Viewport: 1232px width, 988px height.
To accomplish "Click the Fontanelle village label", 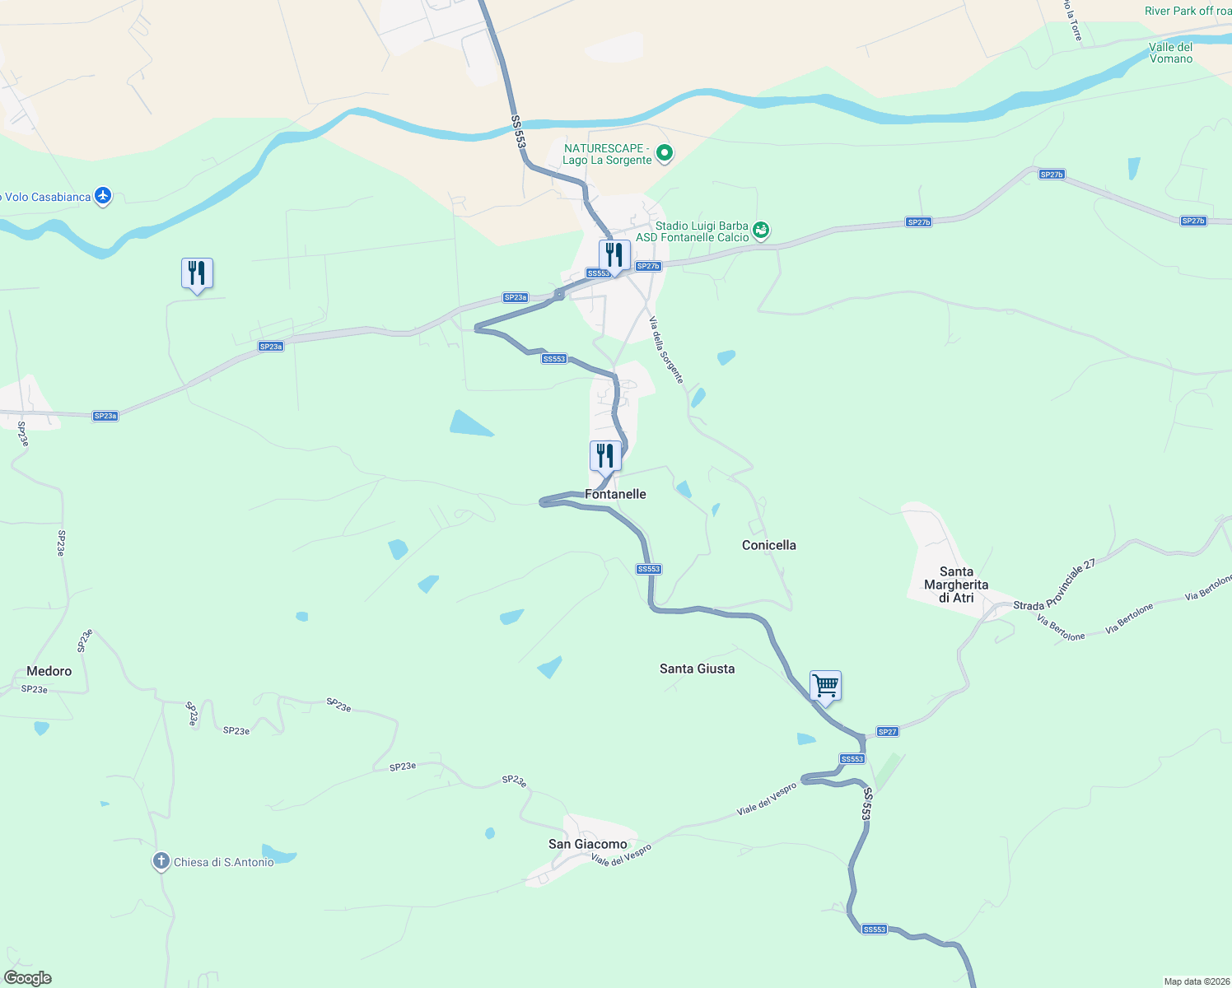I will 615,494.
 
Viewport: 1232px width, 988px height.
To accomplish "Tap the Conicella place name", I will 768,545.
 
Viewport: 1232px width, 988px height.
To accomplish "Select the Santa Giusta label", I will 697,669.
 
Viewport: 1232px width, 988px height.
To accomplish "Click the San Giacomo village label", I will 587,844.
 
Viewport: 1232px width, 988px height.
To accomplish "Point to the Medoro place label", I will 49,671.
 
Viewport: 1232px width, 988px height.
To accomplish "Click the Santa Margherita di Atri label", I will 956,585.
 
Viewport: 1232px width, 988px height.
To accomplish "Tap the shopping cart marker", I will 825,686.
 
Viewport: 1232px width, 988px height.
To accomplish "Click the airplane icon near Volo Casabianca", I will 103,196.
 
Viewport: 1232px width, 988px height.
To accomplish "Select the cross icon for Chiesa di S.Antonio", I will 161,862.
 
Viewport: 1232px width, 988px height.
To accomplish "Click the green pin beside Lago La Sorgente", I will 665,153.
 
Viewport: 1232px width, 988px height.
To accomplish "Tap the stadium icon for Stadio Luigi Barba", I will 761,231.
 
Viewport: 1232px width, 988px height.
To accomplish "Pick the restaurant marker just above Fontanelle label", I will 605,456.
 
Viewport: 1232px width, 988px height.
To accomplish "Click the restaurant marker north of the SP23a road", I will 197,273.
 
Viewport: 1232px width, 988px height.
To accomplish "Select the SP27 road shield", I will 887,732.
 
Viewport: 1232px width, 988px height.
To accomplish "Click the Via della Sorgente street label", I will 666,350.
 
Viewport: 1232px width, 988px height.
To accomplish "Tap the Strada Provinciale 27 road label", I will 1054,585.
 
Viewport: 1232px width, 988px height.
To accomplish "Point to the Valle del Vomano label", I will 1170,53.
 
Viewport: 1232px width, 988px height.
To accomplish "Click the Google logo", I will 27,978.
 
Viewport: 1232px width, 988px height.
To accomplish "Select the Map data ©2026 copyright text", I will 1197,981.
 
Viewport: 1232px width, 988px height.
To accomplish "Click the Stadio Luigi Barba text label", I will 702,226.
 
